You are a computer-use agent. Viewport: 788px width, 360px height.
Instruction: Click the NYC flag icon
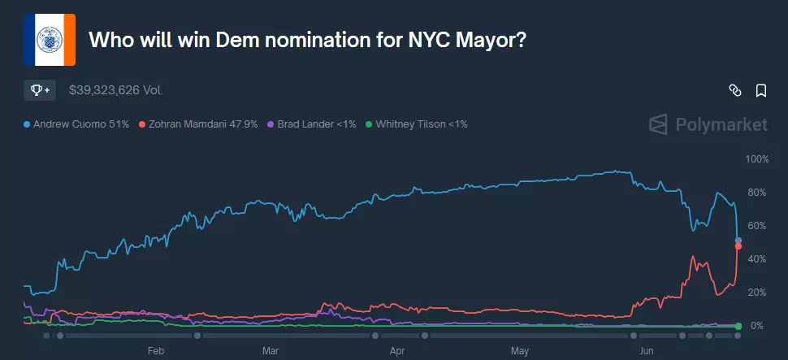[50, 40]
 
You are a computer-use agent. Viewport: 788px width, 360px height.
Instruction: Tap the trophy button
[40, 90]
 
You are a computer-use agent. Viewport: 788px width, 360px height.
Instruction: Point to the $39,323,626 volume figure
[116, 90]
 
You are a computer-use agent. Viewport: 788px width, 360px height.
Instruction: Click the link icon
[734, 90]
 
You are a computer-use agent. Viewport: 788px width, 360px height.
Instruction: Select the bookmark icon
[761, 90]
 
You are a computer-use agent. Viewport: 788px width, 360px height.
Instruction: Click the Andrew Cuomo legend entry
[76, 124]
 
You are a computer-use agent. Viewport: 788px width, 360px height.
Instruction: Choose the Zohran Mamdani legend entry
[198, 124]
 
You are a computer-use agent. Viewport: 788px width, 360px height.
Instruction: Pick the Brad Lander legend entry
[312, 124]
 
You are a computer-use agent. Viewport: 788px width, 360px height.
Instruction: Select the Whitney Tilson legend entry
[417, 124]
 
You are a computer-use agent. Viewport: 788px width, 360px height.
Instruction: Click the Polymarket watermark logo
[708, 124]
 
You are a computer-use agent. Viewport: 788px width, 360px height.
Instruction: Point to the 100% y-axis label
[758, 159]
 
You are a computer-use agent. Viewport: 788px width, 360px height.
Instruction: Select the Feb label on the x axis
[156, 351]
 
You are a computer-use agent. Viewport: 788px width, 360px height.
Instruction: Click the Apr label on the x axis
[397, 351]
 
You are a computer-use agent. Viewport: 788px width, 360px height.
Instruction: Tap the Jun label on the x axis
[645, 351]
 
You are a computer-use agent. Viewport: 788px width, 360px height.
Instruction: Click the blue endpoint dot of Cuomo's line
[738, 241]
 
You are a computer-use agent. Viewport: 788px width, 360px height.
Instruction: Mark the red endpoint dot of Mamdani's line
[738, 246]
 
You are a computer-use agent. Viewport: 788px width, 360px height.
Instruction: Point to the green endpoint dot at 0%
[738, 327]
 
